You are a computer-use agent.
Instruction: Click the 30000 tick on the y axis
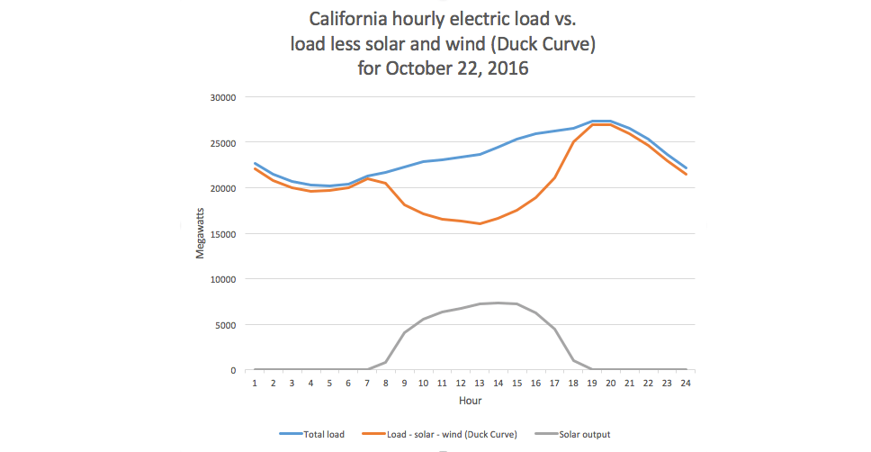221,97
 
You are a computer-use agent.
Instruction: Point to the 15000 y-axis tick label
221,234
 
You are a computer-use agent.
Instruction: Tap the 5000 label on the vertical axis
224,325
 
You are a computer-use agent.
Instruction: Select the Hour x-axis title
470,399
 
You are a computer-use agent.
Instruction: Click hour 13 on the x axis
480,383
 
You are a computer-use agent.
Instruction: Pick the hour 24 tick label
685,383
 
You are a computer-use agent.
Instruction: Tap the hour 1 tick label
256,383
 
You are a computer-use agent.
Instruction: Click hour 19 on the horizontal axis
592,383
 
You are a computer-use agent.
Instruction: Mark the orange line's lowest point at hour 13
480,223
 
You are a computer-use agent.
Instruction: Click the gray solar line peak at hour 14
498,303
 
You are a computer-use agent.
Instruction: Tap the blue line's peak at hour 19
592,121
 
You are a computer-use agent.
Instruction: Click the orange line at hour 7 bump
367,178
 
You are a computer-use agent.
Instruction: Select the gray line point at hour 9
405,332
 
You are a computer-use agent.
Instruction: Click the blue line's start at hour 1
256,164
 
